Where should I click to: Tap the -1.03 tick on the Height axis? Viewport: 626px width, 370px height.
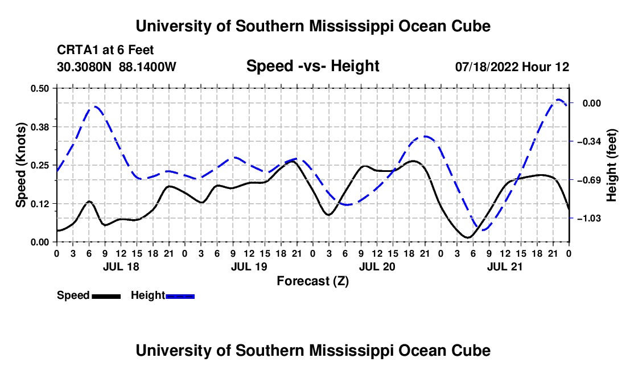coord(589,219)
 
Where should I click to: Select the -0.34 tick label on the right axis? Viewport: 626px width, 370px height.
coord(589,141)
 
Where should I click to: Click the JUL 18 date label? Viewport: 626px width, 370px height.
coord(121,266)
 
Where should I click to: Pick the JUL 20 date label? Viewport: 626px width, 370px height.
coord(377,266)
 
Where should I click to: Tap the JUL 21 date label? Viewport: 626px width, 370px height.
coord(505,266)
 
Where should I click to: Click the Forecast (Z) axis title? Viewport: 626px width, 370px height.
coord(312,281)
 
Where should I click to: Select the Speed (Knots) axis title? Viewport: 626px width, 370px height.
coord(20,165)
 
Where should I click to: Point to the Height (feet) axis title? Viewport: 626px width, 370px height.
coord(611,165)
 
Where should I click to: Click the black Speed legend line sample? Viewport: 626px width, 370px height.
coord(106,297)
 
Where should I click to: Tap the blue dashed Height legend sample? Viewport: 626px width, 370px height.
coord(180,297)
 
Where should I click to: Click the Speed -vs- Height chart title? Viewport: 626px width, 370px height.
coord(312,66)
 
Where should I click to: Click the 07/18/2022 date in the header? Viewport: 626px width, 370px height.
coord(487,67)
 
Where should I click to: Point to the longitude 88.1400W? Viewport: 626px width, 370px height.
coord(147,67)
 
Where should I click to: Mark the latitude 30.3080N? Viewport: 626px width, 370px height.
coord(84,67)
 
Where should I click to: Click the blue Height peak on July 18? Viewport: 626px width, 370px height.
coord(96,106)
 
